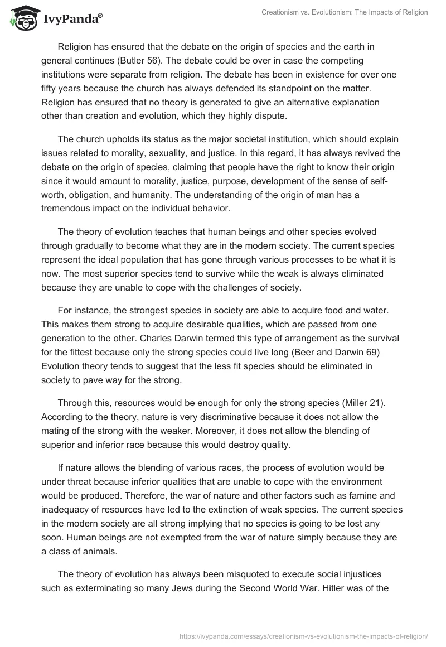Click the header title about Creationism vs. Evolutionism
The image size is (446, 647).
click(344, 12)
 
